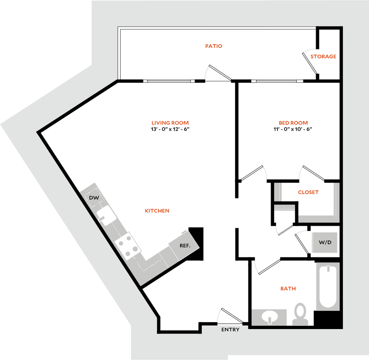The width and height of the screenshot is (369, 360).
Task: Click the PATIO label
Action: (214, 46)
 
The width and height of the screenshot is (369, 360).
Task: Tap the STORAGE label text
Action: (323, 57)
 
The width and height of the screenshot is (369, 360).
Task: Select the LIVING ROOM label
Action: (170, 123)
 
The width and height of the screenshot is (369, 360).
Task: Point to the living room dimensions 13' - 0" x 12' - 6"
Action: (170, 129)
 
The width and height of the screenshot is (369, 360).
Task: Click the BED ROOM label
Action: (293, 123)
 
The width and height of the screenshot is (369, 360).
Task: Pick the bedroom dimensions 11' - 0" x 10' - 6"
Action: (293, 129)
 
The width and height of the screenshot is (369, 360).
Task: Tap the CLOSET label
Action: (308, 192)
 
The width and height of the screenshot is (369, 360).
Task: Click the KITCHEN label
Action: (157, 211)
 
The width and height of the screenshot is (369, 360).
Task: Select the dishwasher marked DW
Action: (94, 198)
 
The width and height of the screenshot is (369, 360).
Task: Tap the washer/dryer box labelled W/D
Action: (325, 242)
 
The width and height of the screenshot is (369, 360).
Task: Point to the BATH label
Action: (288, 288)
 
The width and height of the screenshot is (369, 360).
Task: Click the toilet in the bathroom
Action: (300, 314)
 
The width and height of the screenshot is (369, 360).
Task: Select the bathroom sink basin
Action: (270, 317)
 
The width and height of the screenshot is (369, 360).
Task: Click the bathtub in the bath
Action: (328, 287)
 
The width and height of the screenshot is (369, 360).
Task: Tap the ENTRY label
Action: (230, 330)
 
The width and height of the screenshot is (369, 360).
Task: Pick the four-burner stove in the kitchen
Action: (128, 246)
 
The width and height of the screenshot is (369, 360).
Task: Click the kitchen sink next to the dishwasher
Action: (106, 216)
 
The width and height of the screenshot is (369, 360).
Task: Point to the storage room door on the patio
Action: (310, 63)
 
